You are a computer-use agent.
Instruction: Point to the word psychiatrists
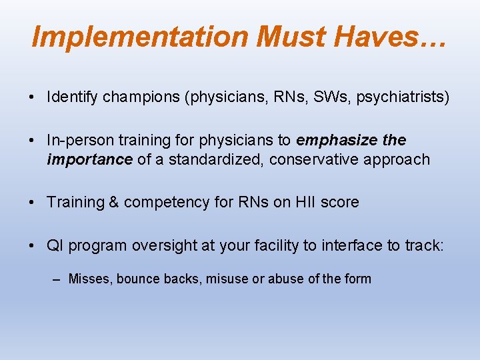(x=399, y=97)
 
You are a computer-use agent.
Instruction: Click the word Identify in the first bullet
(x=73, y=97)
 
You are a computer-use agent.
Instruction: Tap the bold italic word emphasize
(x=337, y=141)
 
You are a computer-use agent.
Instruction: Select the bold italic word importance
(x=89, y=159)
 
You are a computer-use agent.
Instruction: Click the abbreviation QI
(x=55, y=245)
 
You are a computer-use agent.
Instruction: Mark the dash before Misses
(x=59, y=279)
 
